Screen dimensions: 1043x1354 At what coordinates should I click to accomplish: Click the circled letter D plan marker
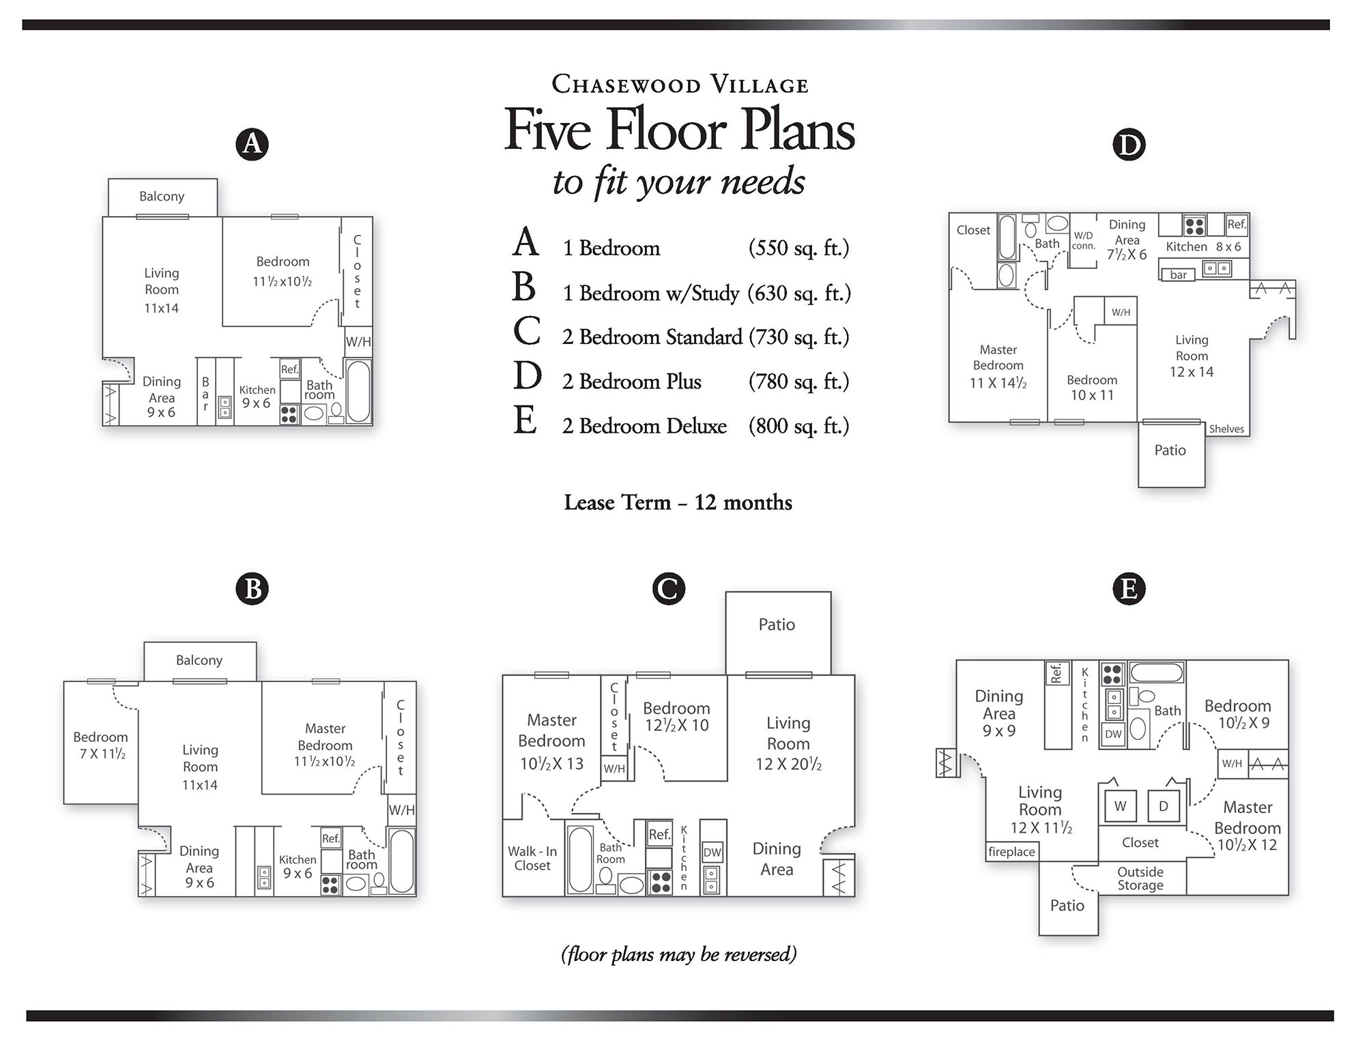click(1128, 145)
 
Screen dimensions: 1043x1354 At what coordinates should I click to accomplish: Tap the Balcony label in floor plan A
click(162, 197)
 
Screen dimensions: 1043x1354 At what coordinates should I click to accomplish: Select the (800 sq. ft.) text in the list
click(798, 426)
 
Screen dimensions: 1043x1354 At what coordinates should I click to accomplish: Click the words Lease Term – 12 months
click(678, 503)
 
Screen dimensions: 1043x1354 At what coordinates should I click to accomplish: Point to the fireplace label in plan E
click(1011, 852)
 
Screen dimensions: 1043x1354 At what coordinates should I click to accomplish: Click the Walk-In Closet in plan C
click(532, 859)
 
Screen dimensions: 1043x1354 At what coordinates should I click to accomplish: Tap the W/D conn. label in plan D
click(1083, 240)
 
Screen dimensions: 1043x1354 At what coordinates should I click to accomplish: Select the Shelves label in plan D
click(1226, 429)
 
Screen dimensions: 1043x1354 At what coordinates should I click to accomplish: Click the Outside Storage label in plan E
click(1140, 878)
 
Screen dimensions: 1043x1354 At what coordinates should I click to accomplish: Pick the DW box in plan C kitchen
click(712, 852)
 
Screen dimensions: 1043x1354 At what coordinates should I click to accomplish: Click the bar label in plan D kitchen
click(1178, 275)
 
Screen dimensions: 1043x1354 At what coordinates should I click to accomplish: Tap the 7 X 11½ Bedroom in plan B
click(100, 746)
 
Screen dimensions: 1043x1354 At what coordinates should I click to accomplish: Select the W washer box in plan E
click(1120, 806)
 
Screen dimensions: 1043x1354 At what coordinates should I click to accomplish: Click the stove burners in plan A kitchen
click(289, 414)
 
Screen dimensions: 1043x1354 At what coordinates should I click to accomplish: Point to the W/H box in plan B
click(401, 810)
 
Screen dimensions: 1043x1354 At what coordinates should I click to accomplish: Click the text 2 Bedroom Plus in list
click(631, 382)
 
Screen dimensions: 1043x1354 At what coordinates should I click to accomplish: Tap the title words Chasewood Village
click(680, 85)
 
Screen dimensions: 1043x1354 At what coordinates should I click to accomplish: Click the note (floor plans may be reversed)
click(678, 954)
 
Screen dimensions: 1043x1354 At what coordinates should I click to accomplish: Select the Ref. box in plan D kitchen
click(1236, 224)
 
